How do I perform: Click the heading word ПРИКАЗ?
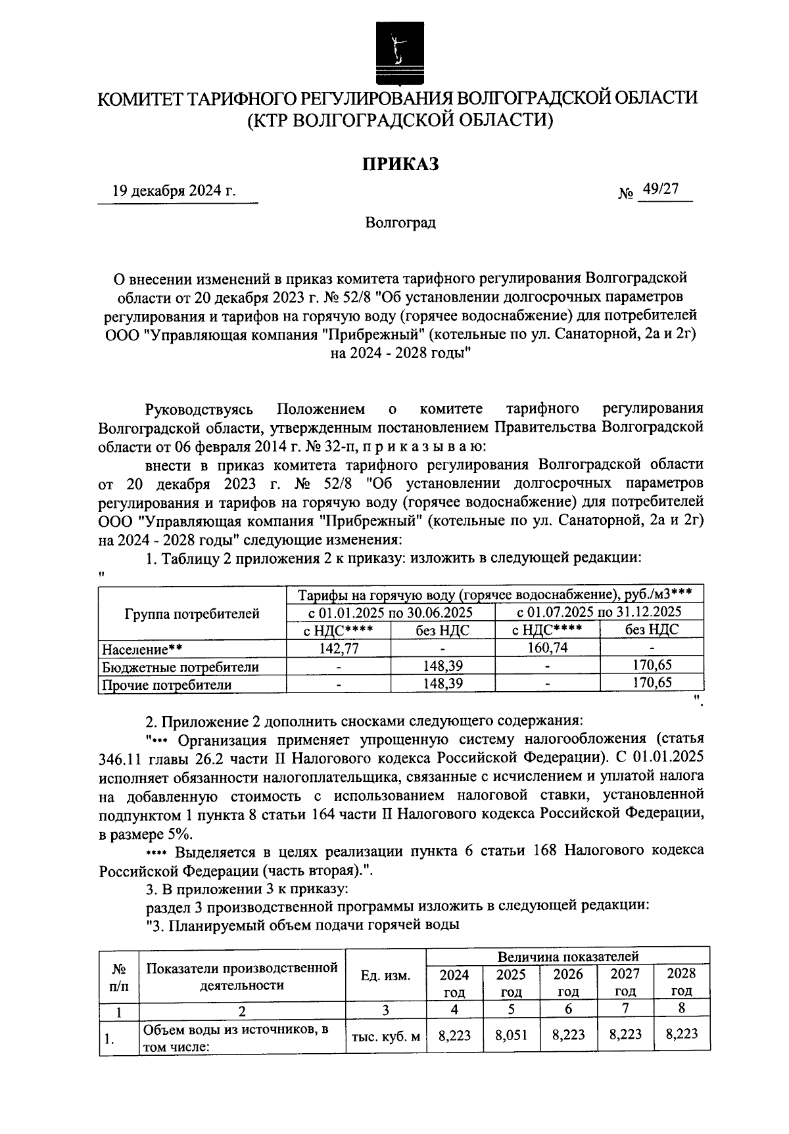(400, 164)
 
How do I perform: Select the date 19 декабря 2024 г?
(174, 191)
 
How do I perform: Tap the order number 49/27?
(661, 189)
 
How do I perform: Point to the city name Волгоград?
(400, 223)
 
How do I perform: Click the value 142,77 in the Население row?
(339, 648)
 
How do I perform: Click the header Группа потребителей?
(192, 614)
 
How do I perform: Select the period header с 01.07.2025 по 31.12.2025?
(599, 612)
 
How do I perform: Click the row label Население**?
(142, 649)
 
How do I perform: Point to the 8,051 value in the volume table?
(511, 1035)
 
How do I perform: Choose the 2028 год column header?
(681, 982)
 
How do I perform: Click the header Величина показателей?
(568, 956)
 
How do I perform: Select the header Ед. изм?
(386, 976)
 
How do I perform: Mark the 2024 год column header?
(454, 982)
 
